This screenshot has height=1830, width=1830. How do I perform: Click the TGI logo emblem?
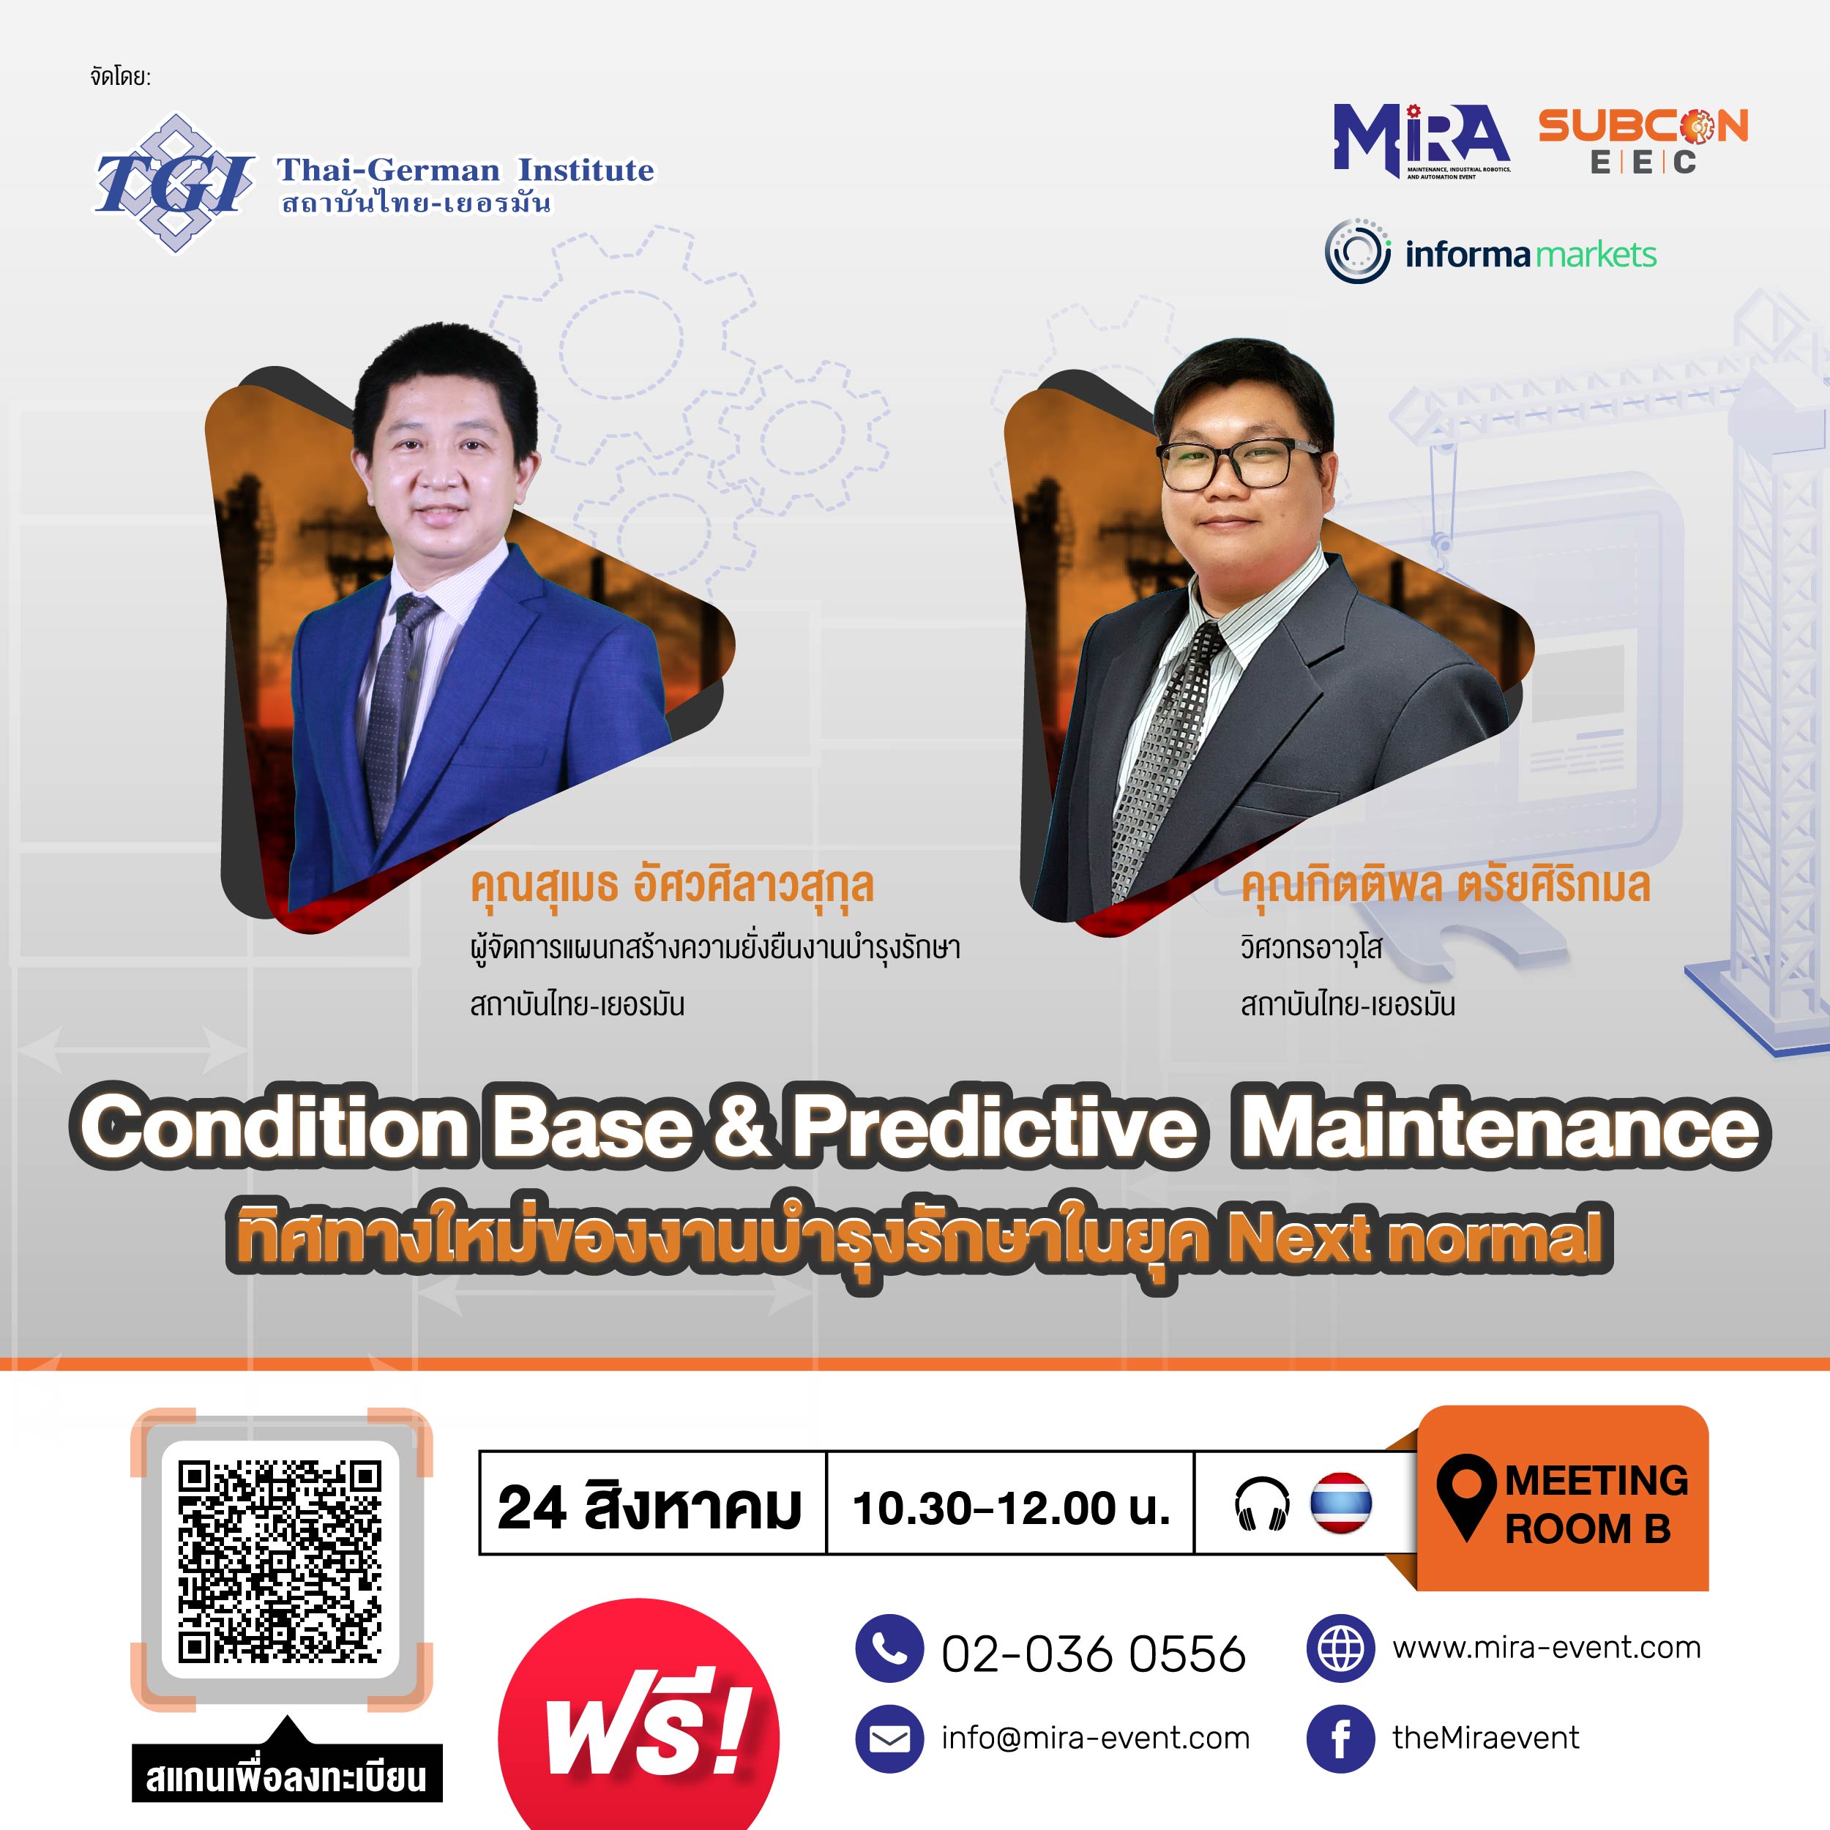[x=174, y=183]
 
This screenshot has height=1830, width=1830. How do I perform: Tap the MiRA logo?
[x=1422, y=141]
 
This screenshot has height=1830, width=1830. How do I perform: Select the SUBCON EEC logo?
[x=1643, y=141]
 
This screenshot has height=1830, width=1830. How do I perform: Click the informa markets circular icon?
[x=1357, y=252]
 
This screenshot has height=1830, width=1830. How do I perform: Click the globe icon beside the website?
[x=1340, y=1649]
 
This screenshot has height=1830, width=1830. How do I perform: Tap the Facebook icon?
[x=1340, y=1738]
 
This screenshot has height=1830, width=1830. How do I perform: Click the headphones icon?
[x=1263, y=1504]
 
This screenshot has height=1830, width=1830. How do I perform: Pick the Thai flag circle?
[x=1341, y=1504]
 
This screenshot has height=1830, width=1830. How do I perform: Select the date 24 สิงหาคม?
[x=650, y=1506]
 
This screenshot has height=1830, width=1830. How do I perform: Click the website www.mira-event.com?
[x=1546, y=1648]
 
